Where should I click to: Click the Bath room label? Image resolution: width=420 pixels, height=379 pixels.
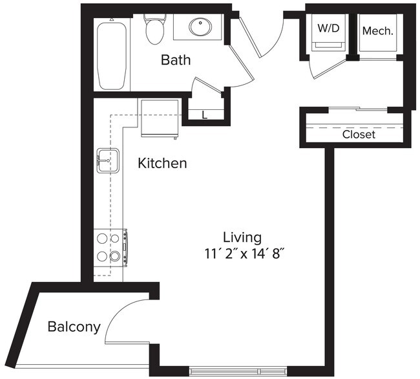(176, 61)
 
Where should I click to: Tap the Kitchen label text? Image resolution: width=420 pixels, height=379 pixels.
(162, 164)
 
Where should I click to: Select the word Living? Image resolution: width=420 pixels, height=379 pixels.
(242, 237)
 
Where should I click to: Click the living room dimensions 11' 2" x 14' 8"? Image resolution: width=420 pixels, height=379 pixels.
(243, 254)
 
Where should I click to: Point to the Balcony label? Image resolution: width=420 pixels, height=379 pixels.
(74, 327)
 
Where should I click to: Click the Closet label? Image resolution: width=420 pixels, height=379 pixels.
(359, 135)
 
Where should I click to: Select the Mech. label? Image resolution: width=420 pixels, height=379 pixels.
(378, 30)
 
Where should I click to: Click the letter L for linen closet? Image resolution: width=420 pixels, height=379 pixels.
(205, 116)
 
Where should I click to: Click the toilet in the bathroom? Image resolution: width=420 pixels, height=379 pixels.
(155, 29)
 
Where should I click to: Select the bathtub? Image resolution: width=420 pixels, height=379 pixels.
(112, 55)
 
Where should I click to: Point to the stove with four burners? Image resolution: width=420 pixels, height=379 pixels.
(109, 246)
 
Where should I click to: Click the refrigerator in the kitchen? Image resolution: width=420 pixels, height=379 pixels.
(159, 118)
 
